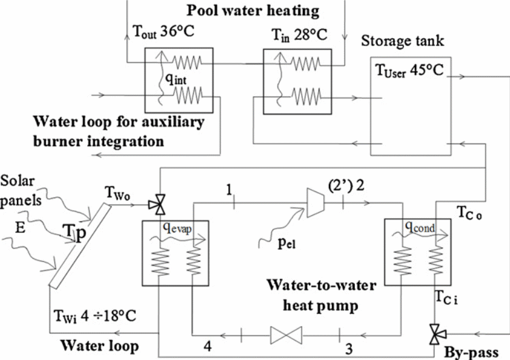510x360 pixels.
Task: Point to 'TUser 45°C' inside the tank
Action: tap(408, 72)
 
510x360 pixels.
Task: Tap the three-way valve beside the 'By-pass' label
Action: tap(434, 333)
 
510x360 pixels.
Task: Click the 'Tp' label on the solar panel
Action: tap(75, 232)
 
